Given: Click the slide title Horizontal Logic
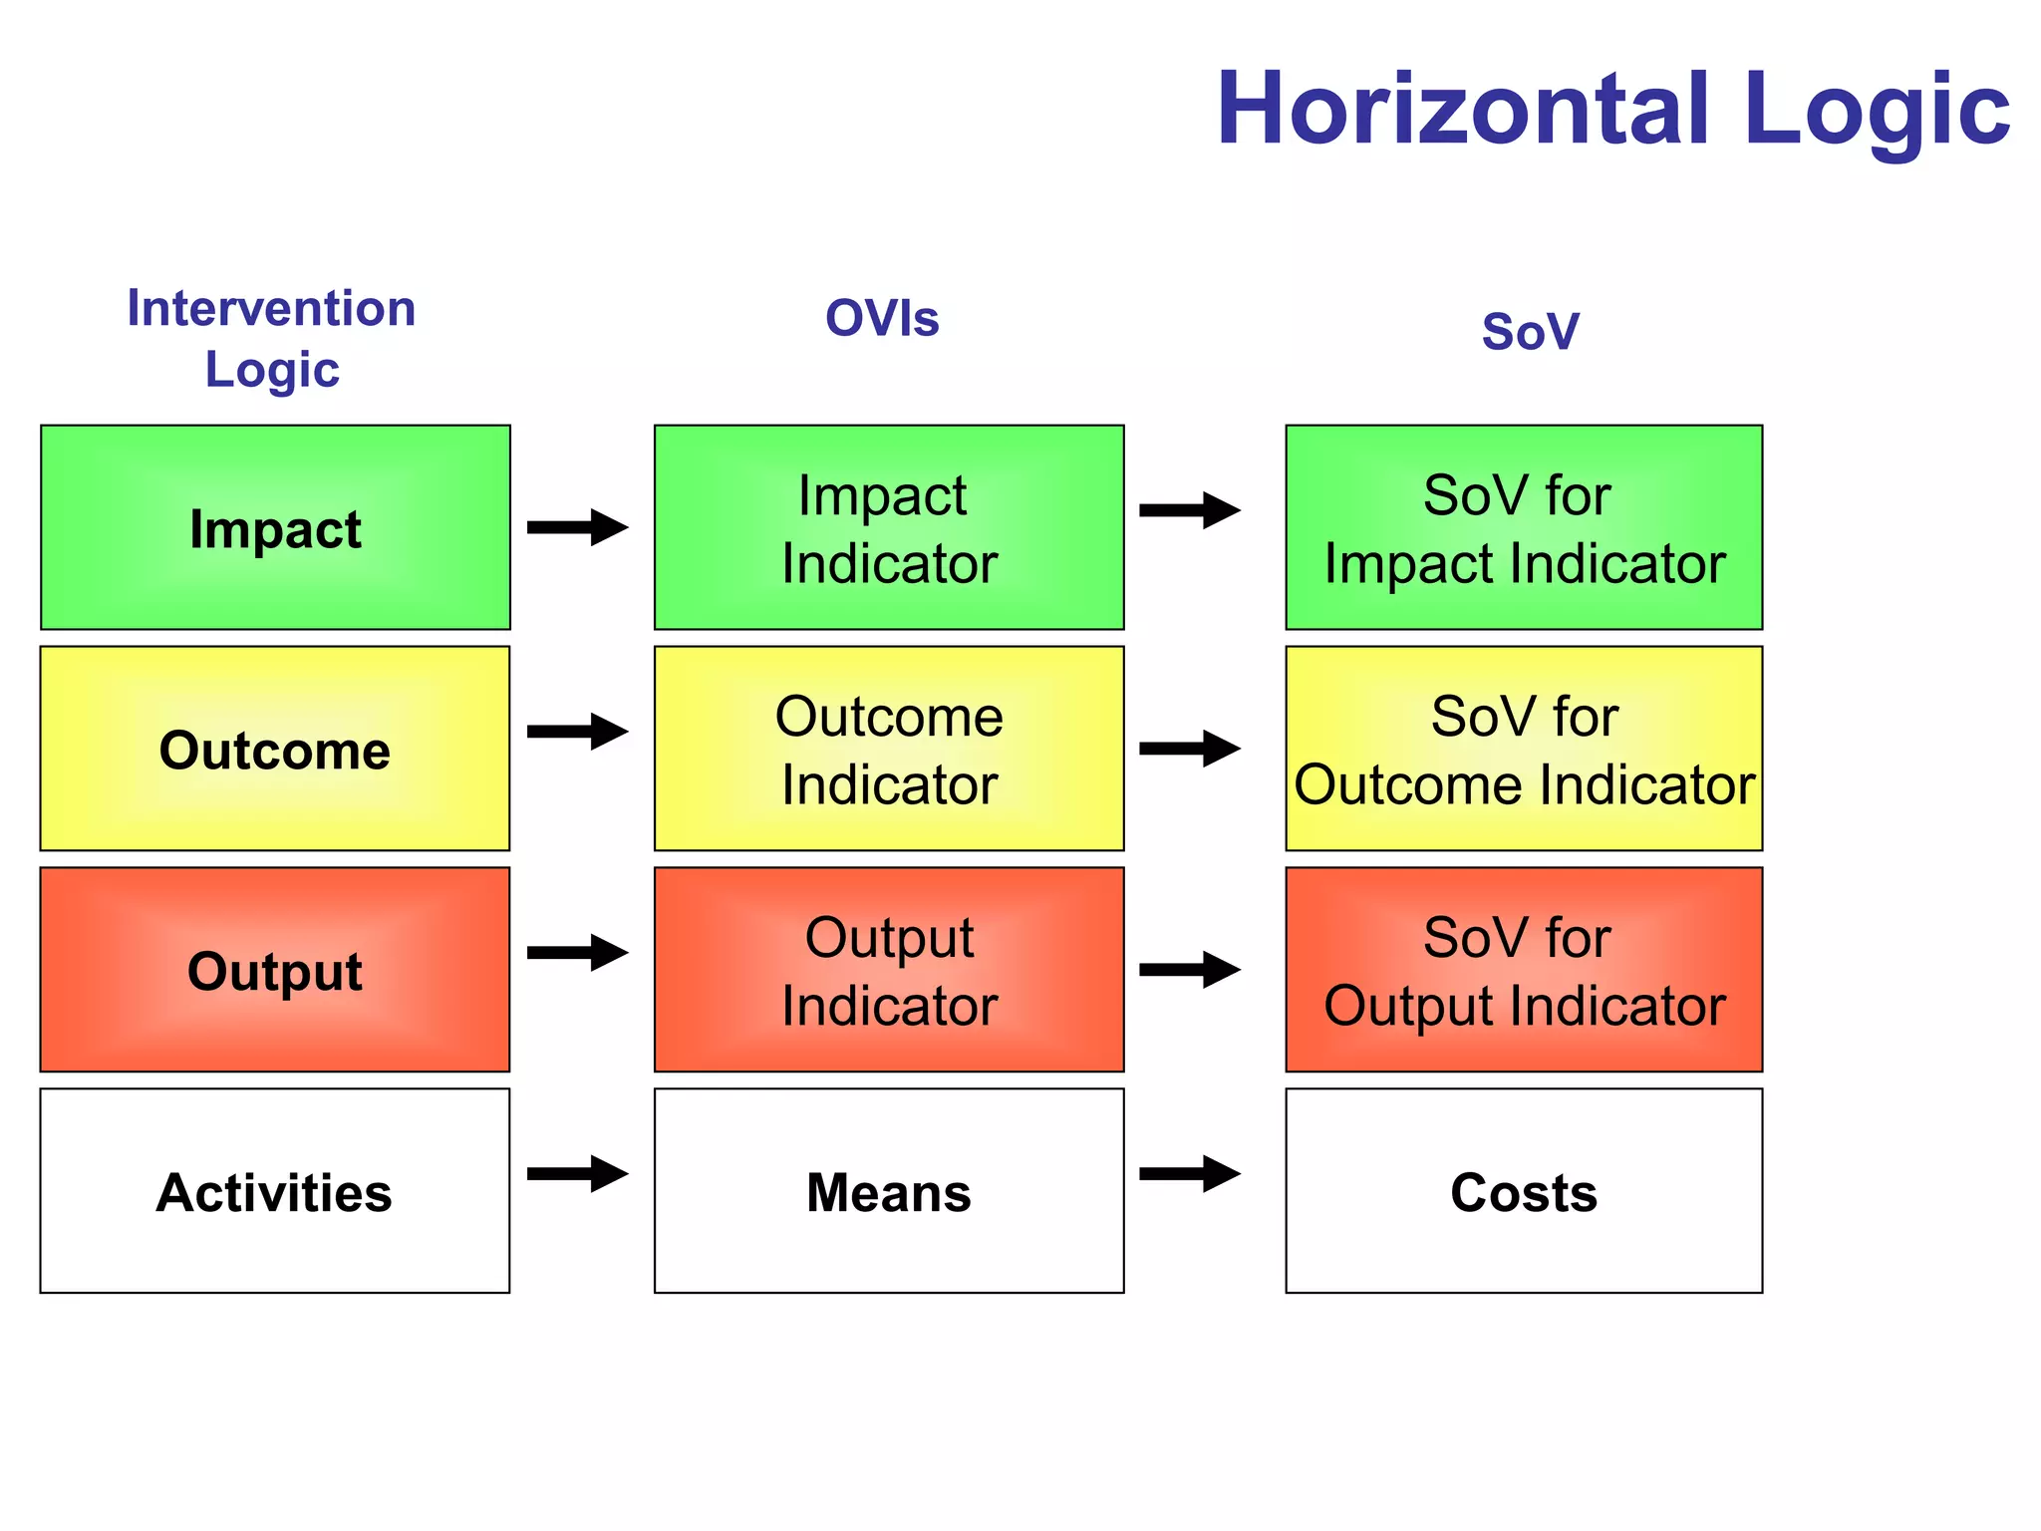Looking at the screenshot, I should [1611, 110].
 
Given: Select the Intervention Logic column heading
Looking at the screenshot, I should [271, 338].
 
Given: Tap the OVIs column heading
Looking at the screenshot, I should [882, 319].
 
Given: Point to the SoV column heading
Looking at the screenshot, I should [1530, 331].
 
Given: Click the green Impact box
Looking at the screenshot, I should [275, 527].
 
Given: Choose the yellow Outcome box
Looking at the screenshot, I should [275, 749].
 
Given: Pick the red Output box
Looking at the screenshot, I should [275, 970].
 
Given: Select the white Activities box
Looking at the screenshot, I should [275, 1191].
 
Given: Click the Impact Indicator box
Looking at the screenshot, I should [889, 527].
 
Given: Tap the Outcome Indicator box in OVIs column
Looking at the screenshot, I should [889, 749].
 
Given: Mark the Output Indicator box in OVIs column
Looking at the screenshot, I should [889, 970].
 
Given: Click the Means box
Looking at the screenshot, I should [889, 1191].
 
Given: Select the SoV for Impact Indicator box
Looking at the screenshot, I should [1524, 527].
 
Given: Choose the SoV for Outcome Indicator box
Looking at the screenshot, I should [1524, 749].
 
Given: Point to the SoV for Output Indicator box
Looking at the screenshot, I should [1524, 970].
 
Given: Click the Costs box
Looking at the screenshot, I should [1524, 1191].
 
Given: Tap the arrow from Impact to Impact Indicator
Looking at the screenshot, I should [578, 527].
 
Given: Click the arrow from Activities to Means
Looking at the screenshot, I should [578, 1173].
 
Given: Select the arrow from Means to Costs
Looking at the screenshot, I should [1190, 1173].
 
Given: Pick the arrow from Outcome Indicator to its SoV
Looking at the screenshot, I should [1190, 749].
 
